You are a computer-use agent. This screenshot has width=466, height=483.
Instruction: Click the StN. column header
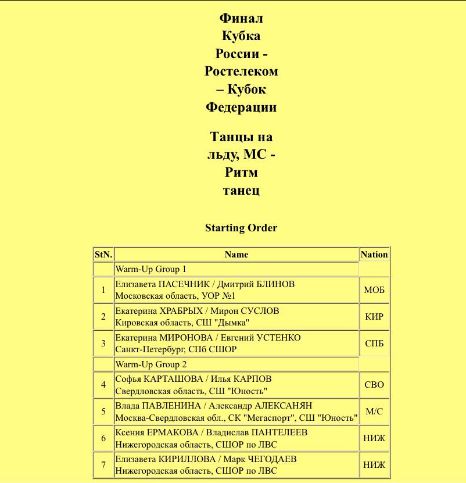(103, 255)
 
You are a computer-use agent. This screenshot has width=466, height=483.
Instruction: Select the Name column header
(236, 255)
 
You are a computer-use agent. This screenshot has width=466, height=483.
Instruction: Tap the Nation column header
(374, 255)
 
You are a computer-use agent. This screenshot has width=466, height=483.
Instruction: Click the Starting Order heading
(241, 228)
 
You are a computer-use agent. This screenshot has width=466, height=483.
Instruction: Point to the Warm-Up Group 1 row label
(151, 270)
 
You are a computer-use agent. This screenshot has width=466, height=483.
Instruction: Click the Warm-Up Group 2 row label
(151, 364)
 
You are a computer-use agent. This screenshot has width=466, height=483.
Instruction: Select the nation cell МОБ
(374, 290)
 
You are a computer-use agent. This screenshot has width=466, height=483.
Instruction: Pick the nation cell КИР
(374, 317)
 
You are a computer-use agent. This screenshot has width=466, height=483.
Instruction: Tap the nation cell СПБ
(374, 344)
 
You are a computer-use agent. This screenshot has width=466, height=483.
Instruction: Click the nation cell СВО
(374, 385)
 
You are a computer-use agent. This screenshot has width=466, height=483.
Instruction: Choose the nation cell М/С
(374, 412)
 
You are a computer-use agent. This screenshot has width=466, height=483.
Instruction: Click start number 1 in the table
(103, 290)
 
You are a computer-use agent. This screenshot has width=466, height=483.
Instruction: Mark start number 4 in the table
(103, 385)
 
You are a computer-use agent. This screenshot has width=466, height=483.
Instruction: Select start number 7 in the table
(103, 464)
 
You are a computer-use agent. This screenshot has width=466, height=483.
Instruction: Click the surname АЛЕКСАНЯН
(285, 406)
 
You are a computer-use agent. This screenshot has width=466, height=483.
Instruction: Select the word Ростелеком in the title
(241, 71)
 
